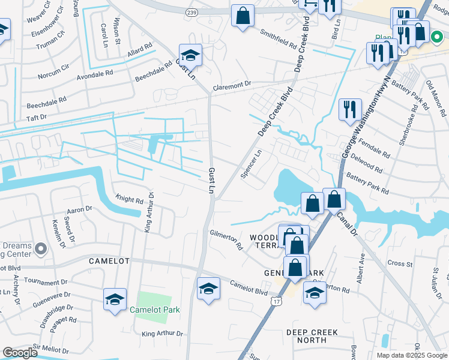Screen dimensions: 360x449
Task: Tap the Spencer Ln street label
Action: (252, 164)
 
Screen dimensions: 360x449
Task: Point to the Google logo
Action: (20, 353)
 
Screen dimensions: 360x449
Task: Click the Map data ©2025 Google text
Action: (412, 355)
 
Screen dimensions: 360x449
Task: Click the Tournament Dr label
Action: (46, 282)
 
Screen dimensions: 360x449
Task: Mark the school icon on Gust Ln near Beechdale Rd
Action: (190, 55)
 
